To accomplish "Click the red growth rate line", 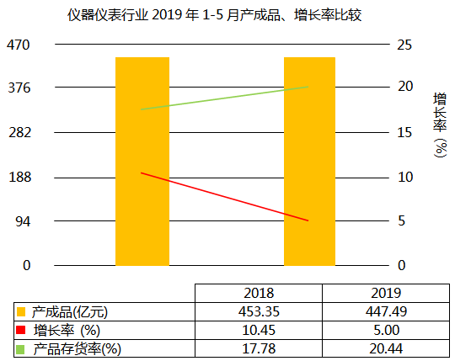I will click(x=225, y=197).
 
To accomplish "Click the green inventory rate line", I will click(x=225, y=98).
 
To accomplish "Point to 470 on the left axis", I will click(x=19, y=44).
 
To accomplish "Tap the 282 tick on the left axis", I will click(x=19, y=132).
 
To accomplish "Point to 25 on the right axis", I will click(x=404, y=44).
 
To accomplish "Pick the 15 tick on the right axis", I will click(x=404, y=132).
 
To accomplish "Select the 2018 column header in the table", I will click(x=259, y=294).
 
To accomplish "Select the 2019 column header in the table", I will click(x=385, y=294).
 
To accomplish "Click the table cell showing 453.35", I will click(x=259, y=312).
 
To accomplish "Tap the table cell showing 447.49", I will click(x=385, y=312).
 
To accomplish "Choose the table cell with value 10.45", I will click(x=259, y=330).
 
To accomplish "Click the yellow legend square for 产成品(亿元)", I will click(x=21, y=312).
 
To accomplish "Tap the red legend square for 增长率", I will click(x=21, y=330).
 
